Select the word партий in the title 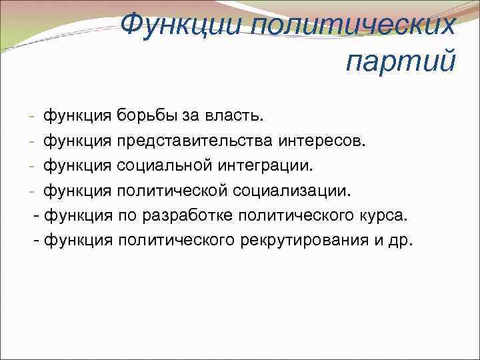[x=401, y=62]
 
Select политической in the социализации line [x=173, y=191]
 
